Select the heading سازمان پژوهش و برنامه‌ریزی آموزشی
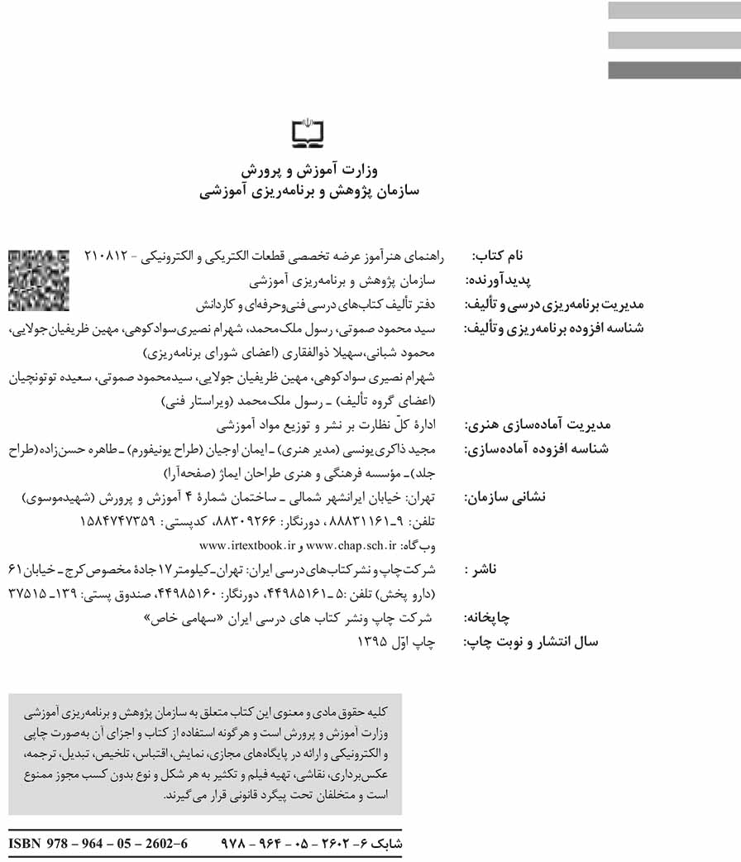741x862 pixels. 310,191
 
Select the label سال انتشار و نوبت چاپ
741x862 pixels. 530,641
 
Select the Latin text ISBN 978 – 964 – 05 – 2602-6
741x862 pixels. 98,845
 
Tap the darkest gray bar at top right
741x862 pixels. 674,70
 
